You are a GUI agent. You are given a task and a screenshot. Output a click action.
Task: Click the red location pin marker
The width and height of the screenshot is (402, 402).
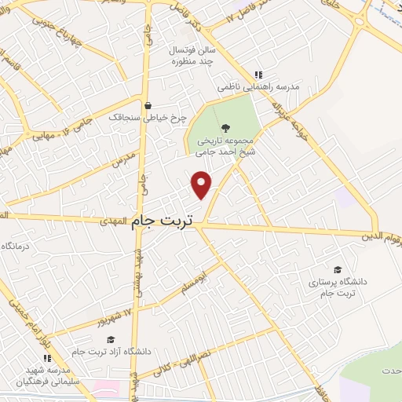point(203,184)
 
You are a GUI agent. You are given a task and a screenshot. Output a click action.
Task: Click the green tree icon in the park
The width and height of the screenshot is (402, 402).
point(226,128)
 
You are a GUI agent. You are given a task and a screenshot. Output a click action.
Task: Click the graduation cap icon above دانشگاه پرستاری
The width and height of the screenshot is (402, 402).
point(337,269)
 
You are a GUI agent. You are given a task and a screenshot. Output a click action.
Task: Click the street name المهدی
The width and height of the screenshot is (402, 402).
point(111,223)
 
